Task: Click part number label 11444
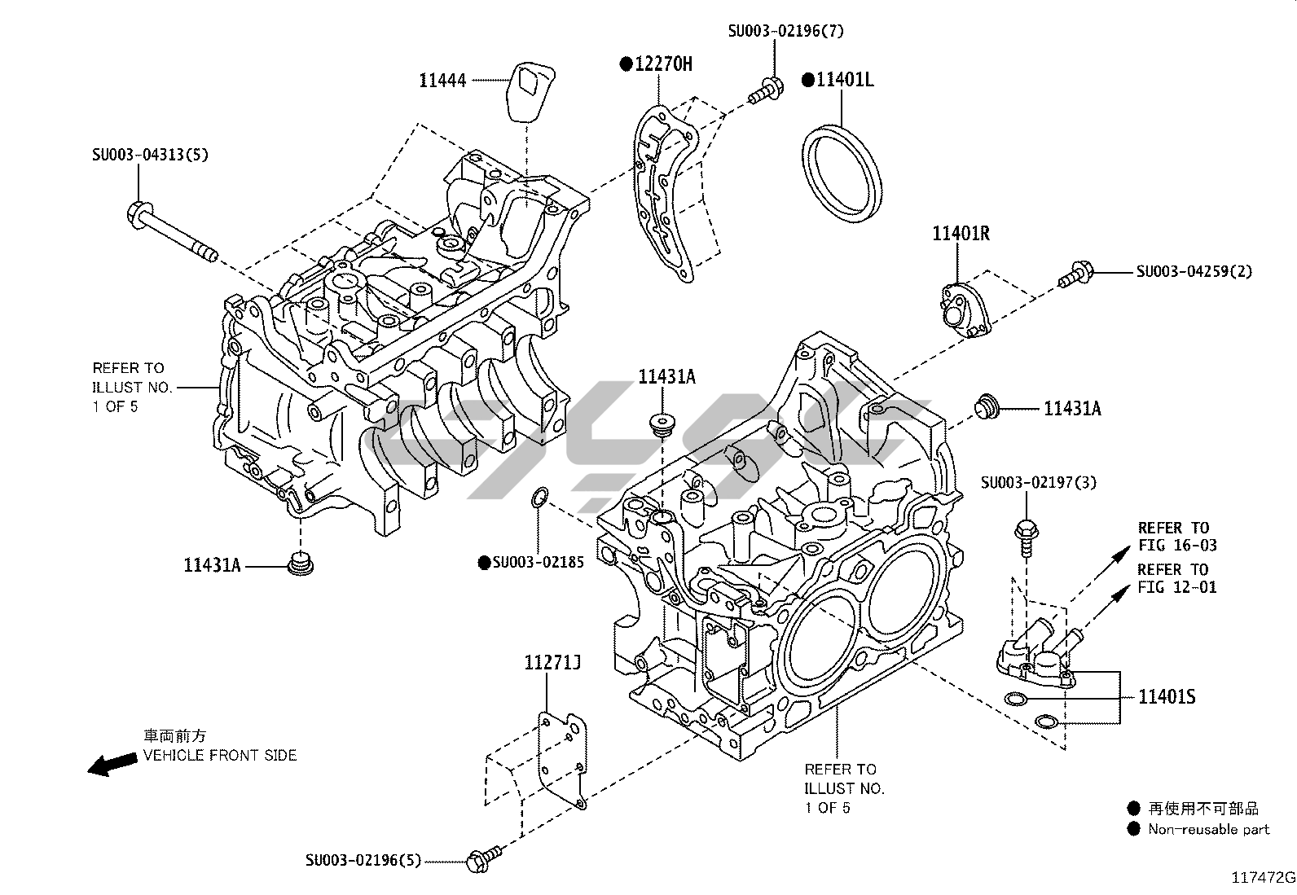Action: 442,80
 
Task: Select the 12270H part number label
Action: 662,64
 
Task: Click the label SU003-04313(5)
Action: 149,154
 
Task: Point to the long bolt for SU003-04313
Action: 170,232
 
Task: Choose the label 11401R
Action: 961,234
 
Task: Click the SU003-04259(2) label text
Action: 1194,271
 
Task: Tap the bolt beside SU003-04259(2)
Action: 1075,274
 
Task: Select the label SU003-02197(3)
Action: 1039,482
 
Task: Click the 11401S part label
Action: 1167,697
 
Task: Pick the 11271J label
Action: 552,664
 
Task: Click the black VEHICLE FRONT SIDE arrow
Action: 112,764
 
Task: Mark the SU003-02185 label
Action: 538,562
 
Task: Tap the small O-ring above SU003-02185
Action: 539,498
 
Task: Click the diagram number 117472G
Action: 1263,878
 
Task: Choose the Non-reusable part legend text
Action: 1208,829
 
